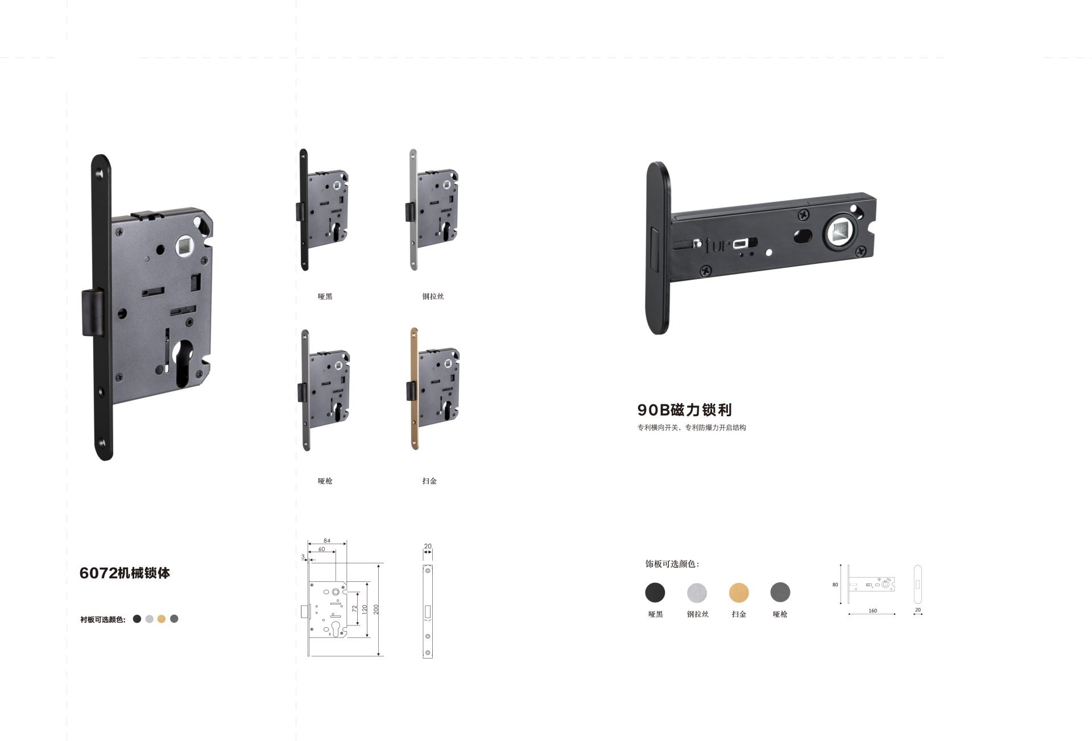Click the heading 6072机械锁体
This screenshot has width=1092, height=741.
tap(125, 573)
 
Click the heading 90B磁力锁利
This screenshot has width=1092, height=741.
tap(684, 409)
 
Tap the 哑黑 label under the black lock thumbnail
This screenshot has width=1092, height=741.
tap(325, 296)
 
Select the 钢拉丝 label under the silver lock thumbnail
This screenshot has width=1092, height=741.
tap(433, 296)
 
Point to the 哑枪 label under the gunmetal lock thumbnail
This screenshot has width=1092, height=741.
tap(325, 481)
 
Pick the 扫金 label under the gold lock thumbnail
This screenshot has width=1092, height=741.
tap(429, 481)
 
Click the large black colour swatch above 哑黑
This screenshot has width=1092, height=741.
tap(655, 593)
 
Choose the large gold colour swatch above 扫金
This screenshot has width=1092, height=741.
tap(739, 593)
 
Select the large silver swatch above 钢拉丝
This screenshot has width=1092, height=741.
tap(697, 593)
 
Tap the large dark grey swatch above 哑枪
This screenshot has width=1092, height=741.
tap(780, 593)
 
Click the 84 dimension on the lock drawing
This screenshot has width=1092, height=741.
tap(327, 541)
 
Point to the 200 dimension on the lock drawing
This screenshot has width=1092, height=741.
tap(376, 609)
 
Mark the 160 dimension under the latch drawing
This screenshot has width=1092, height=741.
tap(872, 611)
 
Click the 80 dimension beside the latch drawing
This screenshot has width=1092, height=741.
tap(835, 585)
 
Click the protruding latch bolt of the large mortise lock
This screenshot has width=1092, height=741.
tap(93, 312)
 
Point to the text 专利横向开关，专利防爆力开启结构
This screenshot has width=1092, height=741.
tap(691, 428)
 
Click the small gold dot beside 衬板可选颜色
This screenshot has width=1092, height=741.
tap(162, 619)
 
